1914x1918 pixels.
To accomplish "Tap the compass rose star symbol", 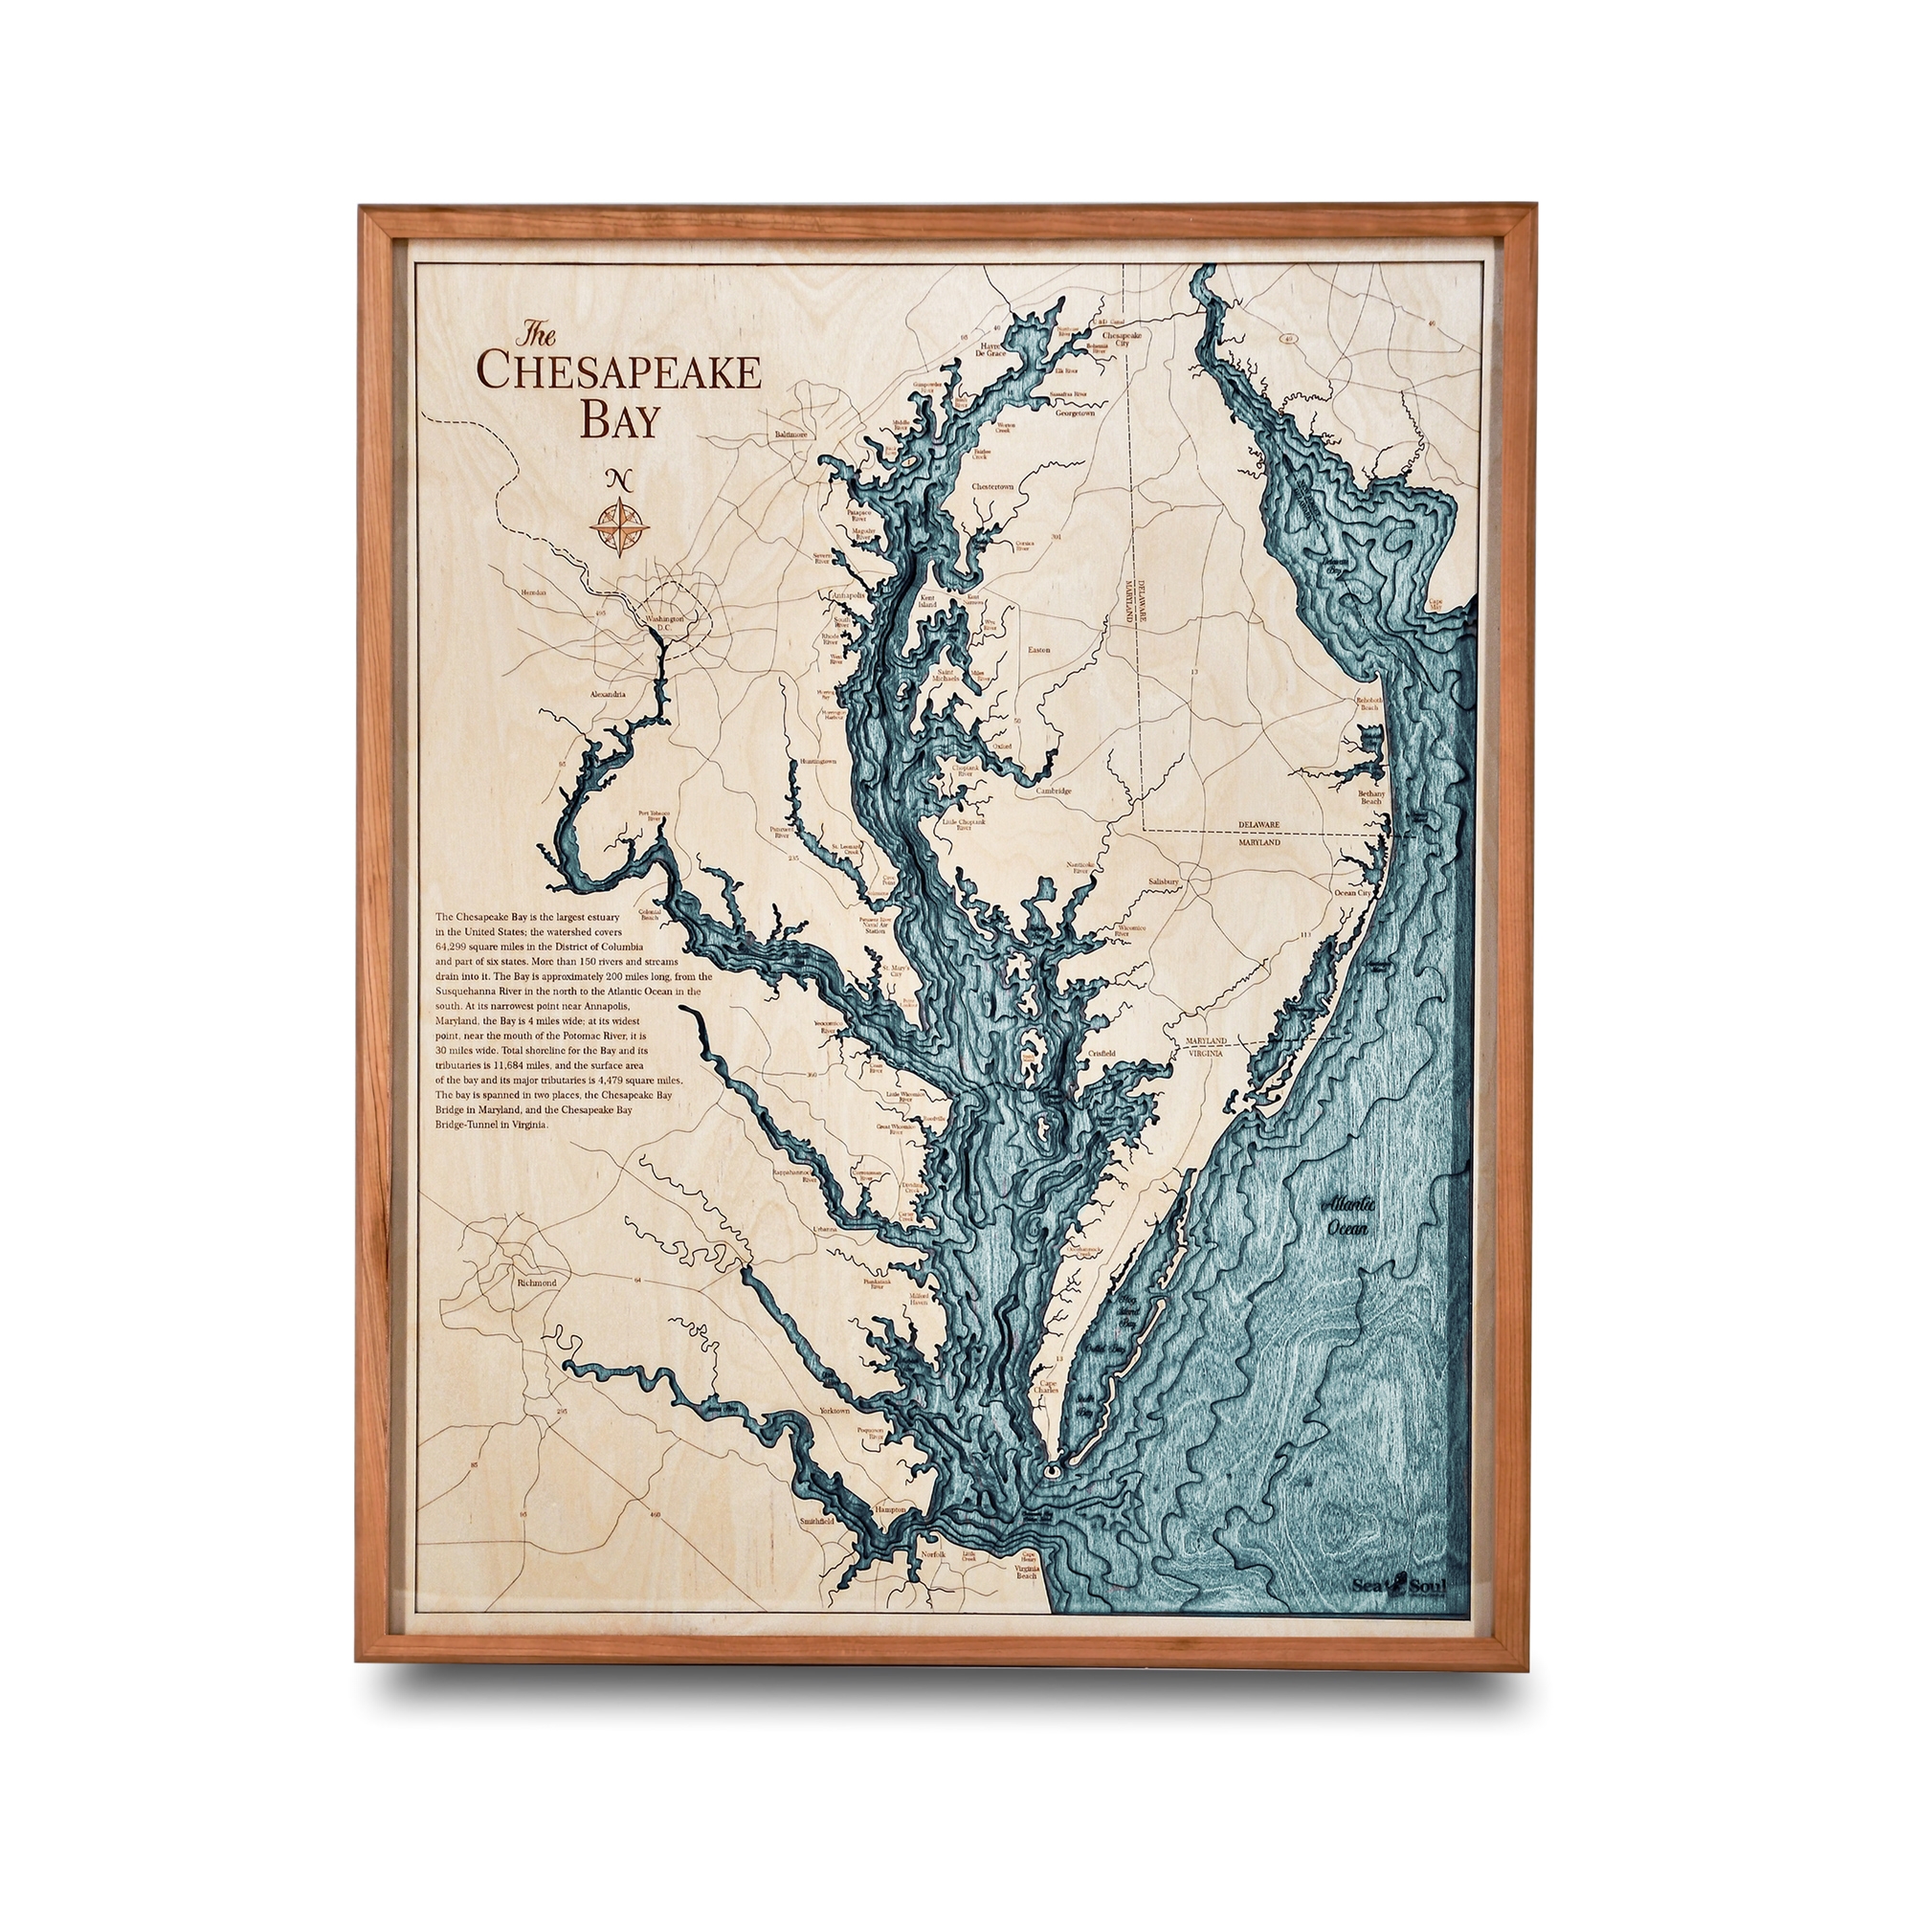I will point(616,526).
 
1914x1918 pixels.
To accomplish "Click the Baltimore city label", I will point(791,435).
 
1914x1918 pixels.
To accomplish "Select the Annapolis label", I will point(848,595).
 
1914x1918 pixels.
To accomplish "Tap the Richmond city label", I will point(537,1282).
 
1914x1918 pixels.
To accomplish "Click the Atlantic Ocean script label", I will point(1348,1216).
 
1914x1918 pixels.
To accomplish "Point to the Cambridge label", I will point(1055,792).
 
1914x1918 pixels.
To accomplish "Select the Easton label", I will point(1038,649).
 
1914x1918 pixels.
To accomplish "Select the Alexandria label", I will point(607,694).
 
